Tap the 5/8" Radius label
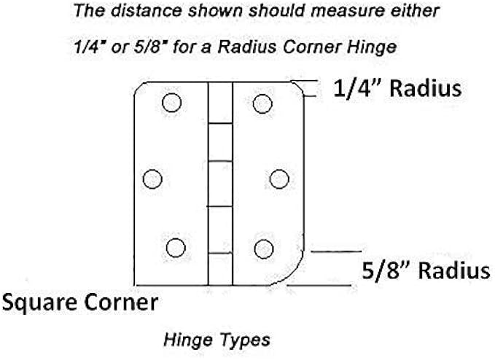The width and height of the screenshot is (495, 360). [426, 271]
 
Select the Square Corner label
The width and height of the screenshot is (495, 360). [79, 301]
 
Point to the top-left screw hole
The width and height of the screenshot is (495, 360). [171, 103]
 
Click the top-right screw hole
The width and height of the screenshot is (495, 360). [262, 104]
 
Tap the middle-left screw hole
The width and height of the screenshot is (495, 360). [152, 179]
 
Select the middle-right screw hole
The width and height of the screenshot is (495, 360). [279, 179]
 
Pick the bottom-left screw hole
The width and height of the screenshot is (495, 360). [175, 248]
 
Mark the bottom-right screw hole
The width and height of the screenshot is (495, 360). [263, 249]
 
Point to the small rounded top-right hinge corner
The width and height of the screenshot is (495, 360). [297, 87]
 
